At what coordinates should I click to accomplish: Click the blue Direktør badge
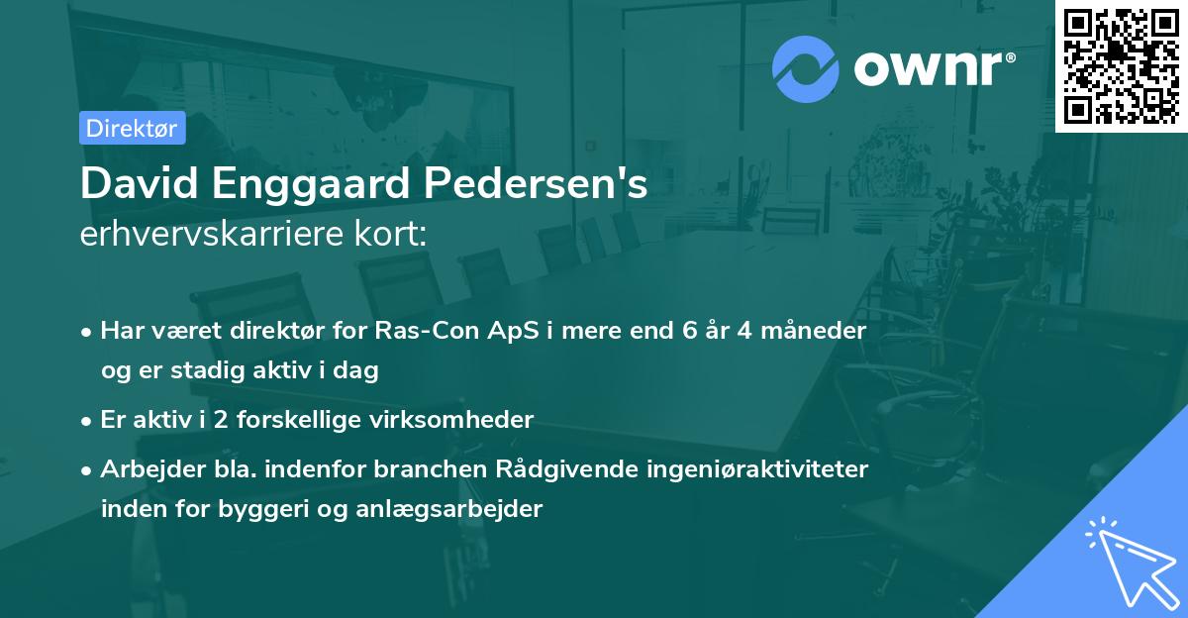132,128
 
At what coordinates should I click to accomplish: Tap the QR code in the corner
1121,65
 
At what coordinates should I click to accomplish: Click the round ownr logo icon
806,68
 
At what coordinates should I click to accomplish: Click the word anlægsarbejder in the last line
462,510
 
